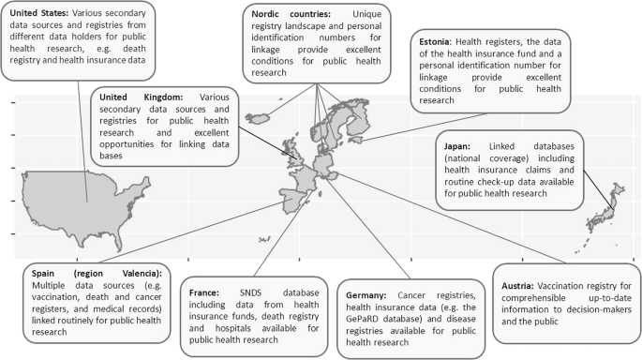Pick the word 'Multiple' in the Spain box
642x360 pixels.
pyautogui.click(x=50, y=284)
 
